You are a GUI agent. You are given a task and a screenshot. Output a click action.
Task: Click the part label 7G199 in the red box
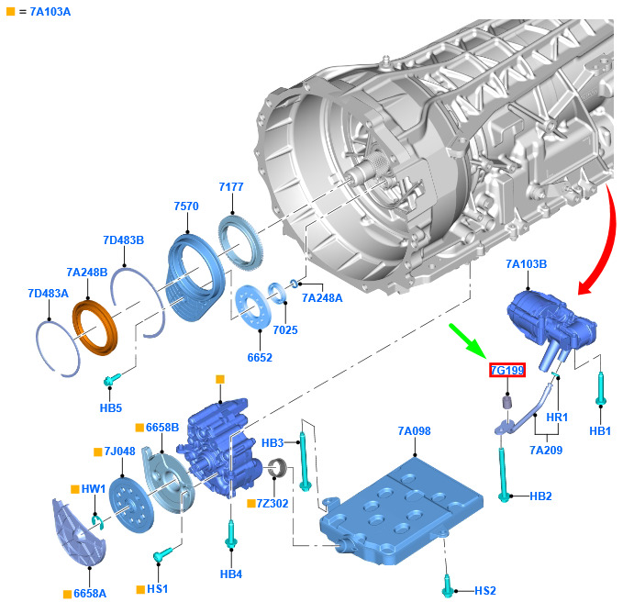tap(507, 370)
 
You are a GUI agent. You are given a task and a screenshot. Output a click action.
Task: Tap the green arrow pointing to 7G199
tap(468, 340)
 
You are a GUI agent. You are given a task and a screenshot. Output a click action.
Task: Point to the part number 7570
tap(186, 206)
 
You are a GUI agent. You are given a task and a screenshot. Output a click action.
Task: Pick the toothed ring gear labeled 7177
tap(241, 241)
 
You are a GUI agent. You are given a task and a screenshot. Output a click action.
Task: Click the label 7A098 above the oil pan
tap(414, 431)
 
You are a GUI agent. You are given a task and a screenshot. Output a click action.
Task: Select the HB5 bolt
tap(112, 380)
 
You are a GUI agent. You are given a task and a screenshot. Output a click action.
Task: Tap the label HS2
tap(485, 591)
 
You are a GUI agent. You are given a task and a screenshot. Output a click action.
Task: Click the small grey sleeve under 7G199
tap(507, 402)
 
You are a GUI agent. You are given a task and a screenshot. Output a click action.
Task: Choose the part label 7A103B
tap(526, 264)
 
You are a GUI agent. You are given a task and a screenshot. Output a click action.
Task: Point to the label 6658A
tap(90, 594)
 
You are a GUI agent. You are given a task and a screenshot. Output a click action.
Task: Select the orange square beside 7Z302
tap(251, 504)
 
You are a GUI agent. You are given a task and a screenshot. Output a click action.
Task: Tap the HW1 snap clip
tap(97, 521)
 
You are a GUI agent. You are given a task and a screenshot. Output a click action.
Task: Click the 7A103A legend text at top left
tap(50, 12)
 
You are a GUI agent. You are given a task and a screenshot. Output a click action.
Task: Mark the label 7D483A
tap(48, 294)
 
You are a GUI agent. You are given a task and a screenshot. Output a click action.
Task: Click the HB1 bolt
tap(600, 389)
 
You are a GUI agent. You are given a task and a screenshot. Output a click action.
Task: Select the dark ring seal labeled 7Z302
tap(277, 468)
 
